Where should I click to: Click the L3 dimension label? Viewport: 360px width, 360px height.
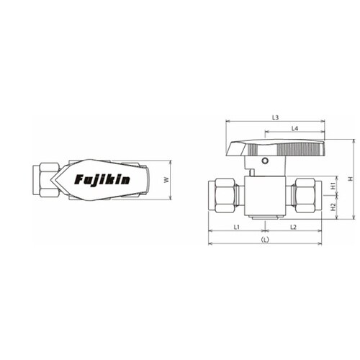pyautogui.click(x=275, y=117)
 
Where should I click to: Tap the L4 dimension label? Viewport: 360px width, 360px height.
pyautogui.click(x=294, y=129)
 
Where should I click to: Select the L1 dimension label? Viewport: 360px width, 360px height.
pyautogui.click(x=237, y=227)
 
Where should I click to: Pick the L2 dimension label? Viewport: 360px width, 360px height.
pyautogui.click(x=293, y=227)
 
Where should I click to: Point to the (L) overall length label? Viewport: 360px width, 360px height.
pyautogui.click(x=265, y=240)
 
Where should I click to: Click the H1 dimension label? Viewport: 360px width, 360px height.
pyautogui.click(x=333, y=186)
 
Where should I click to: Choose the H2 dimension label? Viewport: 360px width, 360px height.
pyautogui.click(x=333, y=207)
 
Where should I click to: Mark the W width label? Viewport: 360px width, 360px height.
pyautogui.click(x=166, y=180)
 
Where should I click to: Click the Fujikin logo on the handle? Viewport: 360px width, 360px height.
pyautogui.click(x=102, y=179)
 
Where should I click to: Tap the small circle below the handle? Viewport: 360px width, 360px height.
pyautogui.click(x=264, y=161)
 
